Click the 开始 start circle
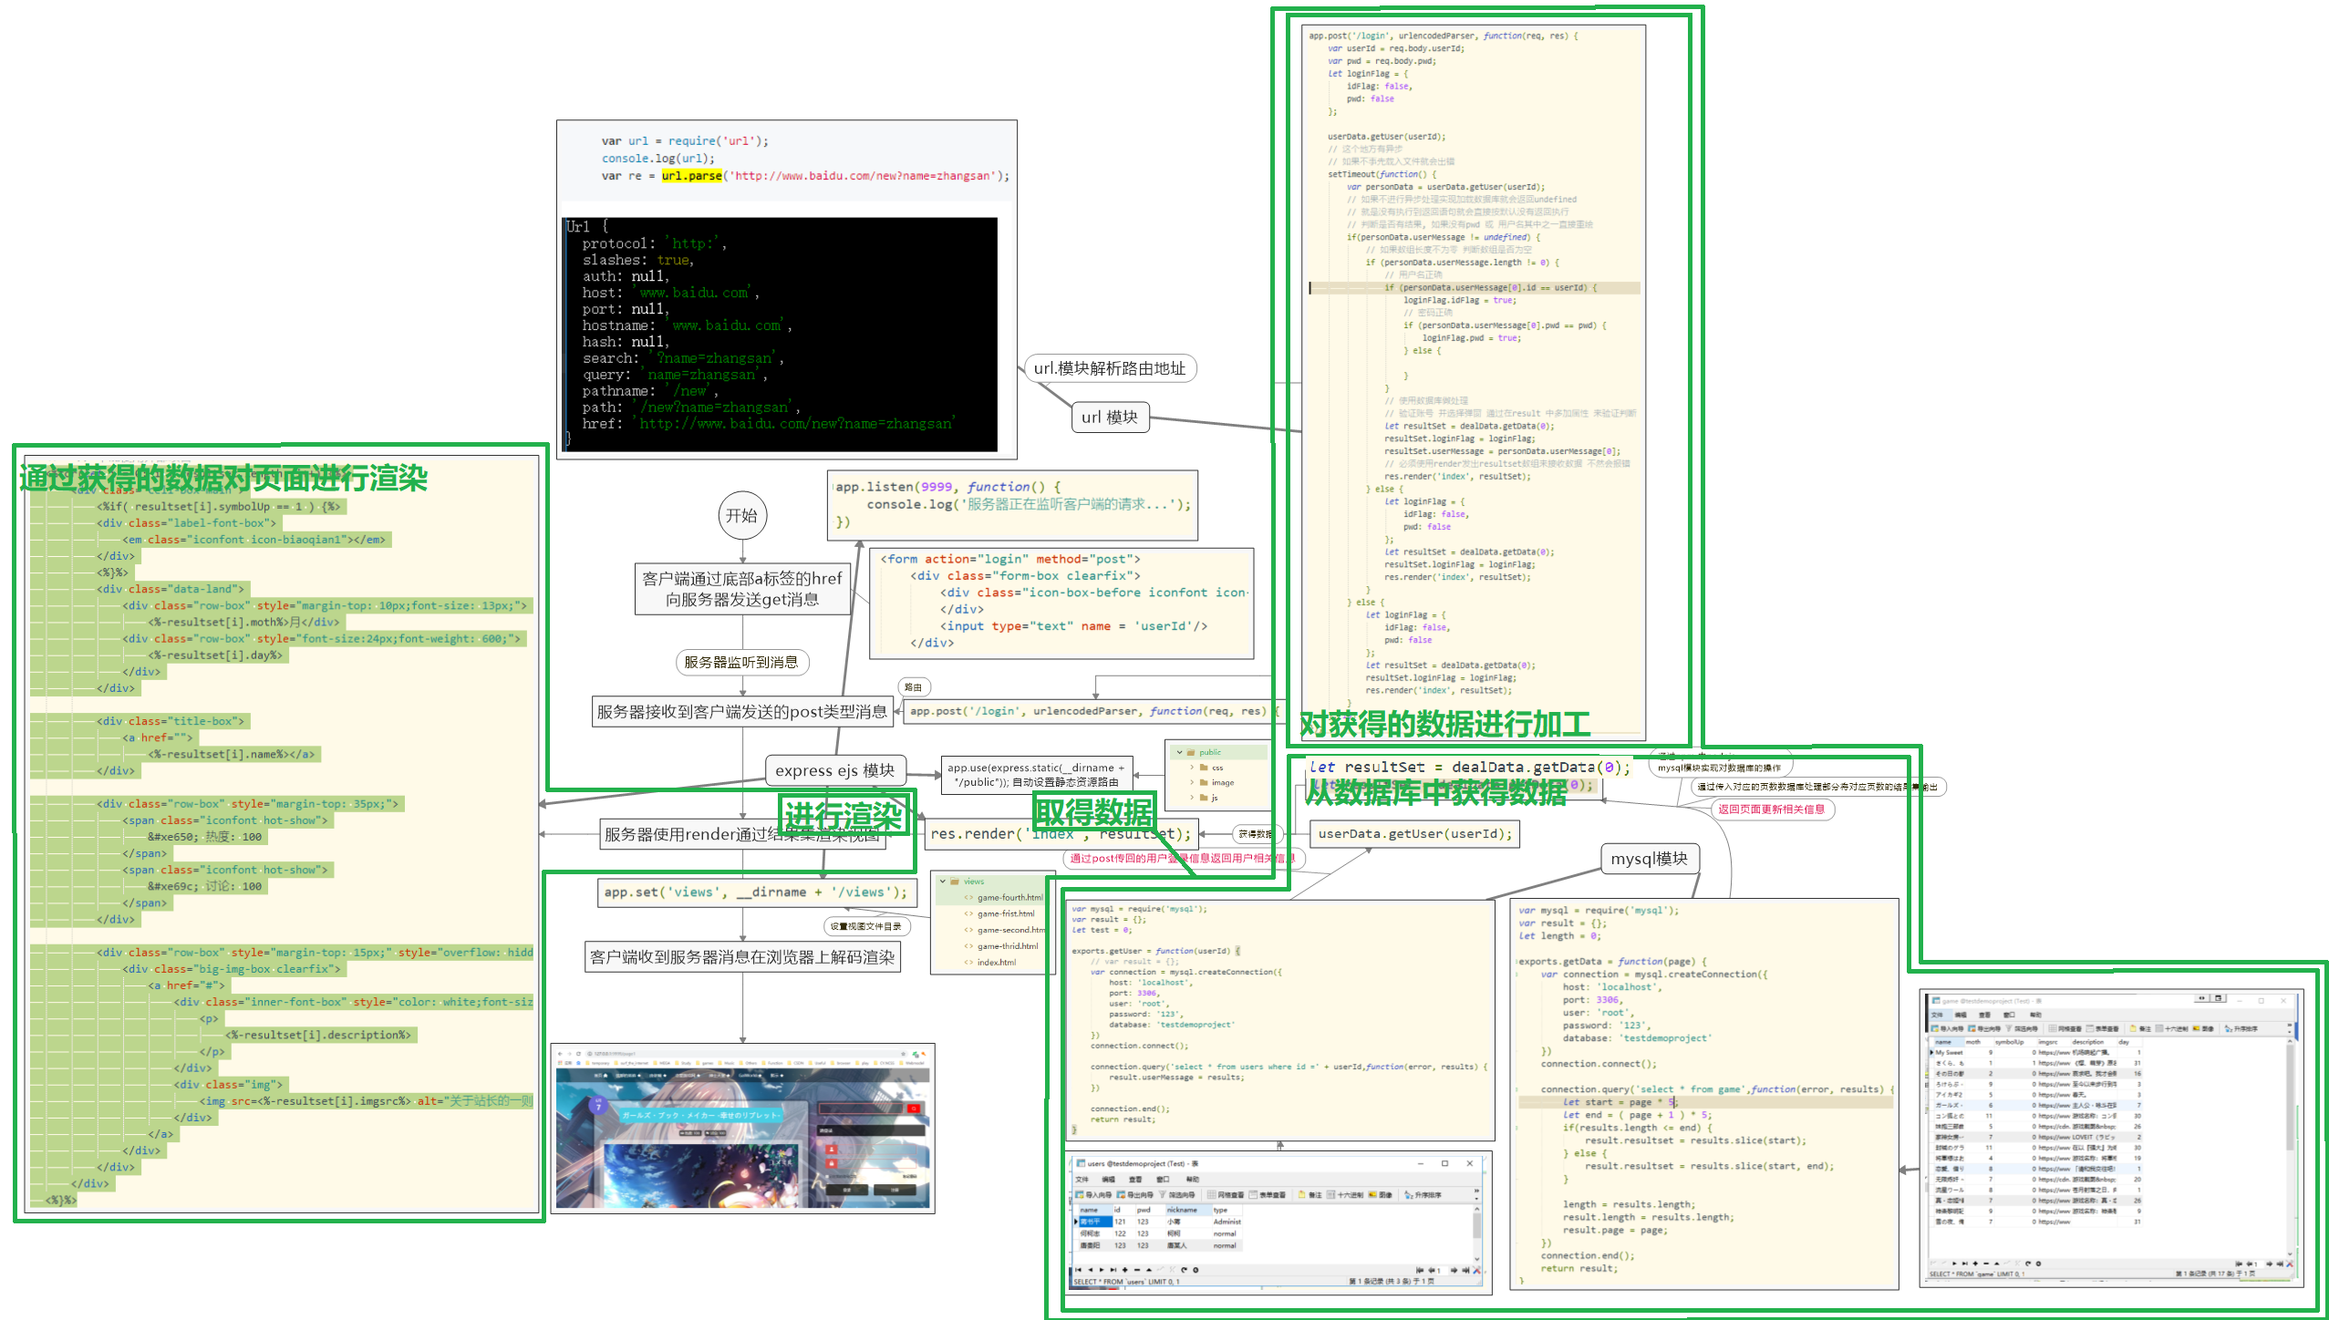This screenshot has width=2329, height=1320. click(741, 516)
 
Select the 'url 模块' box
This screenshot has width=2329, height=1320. click(1109, 418)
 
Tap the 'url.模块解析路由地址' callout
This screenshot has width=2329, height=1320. click(1109, 368)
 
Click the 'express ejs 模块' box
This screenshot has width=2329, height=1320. click(834, 770)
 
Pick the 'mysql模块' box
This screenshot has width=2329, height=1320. click(1649, 859)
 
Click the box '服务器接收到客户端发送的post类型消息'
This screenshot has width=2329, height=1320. click(741, 712)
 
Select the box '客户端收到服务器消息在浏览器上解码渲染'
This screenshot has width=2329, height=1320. click(741, 957)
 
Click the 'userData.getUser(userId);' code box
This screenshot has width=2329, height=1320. click(1414, 834)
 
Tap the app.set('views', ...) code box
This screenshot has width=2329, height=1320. click(755, 892)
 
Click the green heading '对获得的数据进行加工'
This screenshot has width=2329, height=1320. click(1444, 725)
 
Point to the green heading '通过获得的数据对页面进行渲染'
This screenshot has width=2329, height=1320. click(223, 478)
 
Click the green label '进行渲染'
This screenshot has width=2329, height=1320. click(843, 815)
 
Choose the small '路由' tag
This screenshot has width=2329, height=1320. click(913, 687)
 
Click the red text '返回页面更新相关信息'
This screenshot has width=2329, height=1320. click(1771, 810)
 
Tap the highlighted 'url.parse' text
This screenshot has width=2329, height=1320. click(691, 176)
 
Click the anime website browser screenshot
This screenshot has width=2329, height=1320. click(743, 1129)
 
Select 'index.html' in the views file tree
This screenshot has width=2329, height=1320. click(996, 963)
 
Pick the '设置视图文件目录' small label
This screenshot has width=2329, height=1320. click(865, 927)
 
